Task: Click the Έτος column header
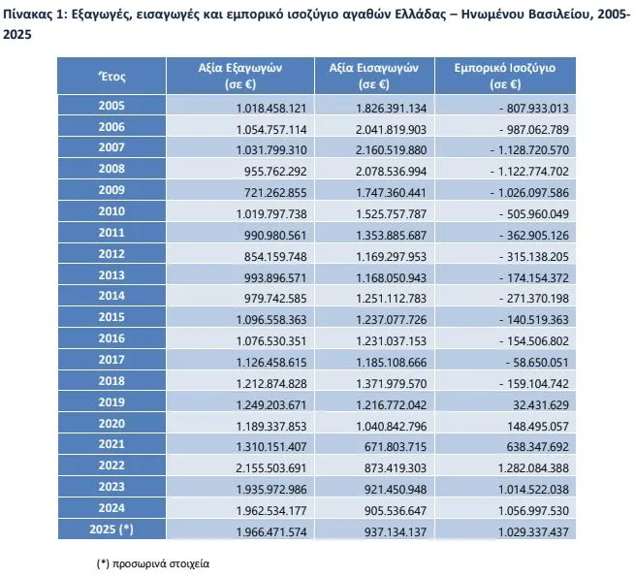pyautogui.click(x=111, y=77)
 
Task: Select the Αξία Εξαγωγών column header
pyautogui.click(x=240, y=76)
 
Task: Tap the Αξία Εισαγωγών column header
pyautogui.click(x=374, y=76)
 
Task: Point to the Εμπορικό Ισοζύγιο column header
pyautogui.click(x=504, y=76)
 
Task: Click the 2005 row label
pyautogui.click(x=111, y=106)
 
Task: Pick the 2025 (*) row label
pyautogui.click(x=111, y=529)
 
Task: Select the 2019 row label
pyautogui.click(x=111, y=402)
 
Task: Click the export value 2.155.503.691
pyautogui.click(x=271, y=468)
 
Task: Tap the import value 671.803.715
pyautogui.click(x=396, y=446)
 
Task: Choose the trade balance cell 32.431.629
pyautogui.click(x=541, y=404)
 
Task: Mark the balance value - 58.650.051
pyautogui.click(x=537, y=363)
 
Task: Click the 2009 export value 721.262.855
pyautogui.click(x=275, y=192)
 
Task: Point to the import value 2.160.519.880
pyautogui.click(x=392, y=150)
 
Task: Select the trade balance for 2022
pyautogui.click(x=533, y=468)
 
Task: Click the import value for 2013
pyautogui.click(x=392, y=278)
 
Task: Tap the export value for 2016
pyautogui.click(x=271, y=341)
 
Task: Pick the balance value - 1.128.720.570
pyautogui.click(x=529, y=150)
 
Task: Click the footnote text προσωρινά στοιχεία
pyautogui.click(x=161, y=563)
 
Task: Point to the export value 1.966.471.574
pyautogui.click(x=271, y=532)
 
